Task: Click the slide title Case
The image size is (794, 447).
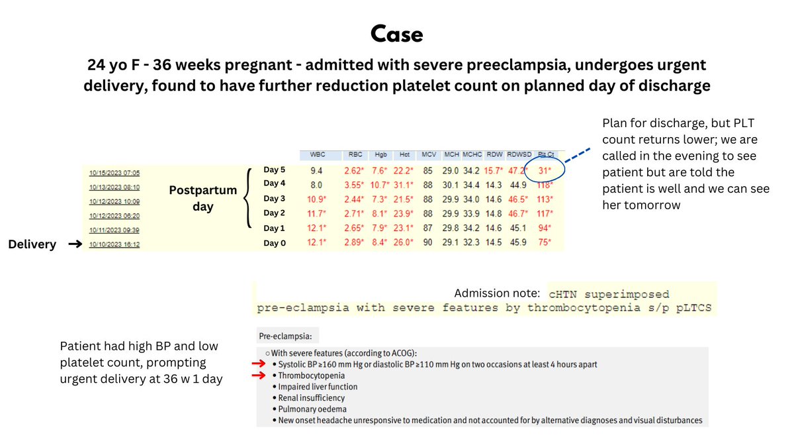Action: pos(396,33)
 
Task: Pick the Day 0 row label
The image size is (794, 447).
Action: pos(275,243)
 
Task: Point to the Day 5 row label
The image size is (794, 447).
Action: pos(275,169)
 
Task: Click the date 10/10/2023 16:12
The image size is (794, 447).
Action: pos(115,245)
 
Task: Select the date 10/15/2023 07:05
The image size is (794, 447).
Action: pos(115,172)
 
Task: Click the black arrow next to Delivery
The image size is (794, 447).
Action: pos(75,244)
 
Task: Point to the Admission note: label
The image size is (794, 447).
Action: pos(496,293)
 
